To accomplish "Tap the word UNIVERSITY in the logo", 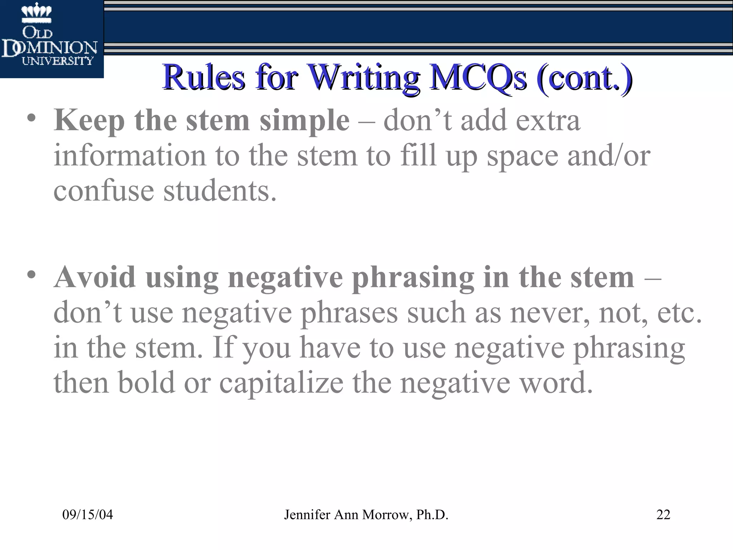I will coord(58,61).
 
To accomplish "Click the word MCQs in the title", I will coord(478,77).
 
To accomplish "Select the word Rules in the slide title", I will coord(204,77).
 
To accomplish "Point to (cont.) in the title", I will coord(584,77).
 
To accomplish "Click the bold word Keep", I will coord(89,121).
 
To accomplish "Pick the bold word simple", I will coord(304,121).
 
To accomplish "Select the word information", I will coord(130,156).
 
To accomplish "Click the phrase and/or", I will coord(609,156).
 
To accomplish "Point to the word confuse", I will coord(103,190).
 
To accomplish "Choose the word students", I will coord(220,190).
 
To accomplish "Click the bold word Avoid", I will coord(95,277).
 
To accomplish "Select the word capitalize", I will coord(281,382).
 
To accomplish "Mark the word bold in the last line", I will coord(146,382).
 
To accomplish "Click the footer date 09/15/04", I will coord(88,515).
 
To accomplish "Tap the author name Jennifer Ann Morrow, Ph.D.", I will coord(366,515).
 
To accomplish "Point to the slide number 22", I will coord(663,515).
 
